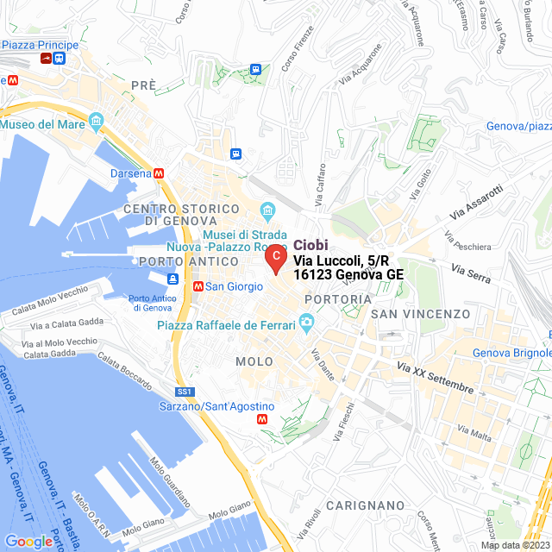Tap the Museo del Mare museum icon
pyautogui.click(x=96, y=118)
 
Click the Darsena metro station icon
pyautogui.click(x=159, y=172)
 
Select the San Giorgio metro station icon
pyautogui.click(x=198, y=286)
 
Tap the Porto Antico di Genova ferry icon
pyautogui.click(x=172, y=279)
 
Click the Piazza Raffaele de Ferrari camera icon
pyautogui.click(x=305, y=324)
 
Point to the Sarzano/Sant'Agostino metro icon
pyautogui.click(x=263, y=418)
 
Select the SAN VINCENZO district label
pyautogui.click(x=420, y=314)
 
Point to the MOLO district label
pyautogui.click(x=254, y=361)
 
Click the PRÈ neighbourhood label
pyautogui.click(x=144, y=85)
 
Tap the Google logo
pyautogui.click(x=28, y=542)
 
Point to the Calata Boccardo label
pyautogui.click(x=124, y=367)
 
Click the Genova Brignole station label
pyautogui.click(x=511, y=353)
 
